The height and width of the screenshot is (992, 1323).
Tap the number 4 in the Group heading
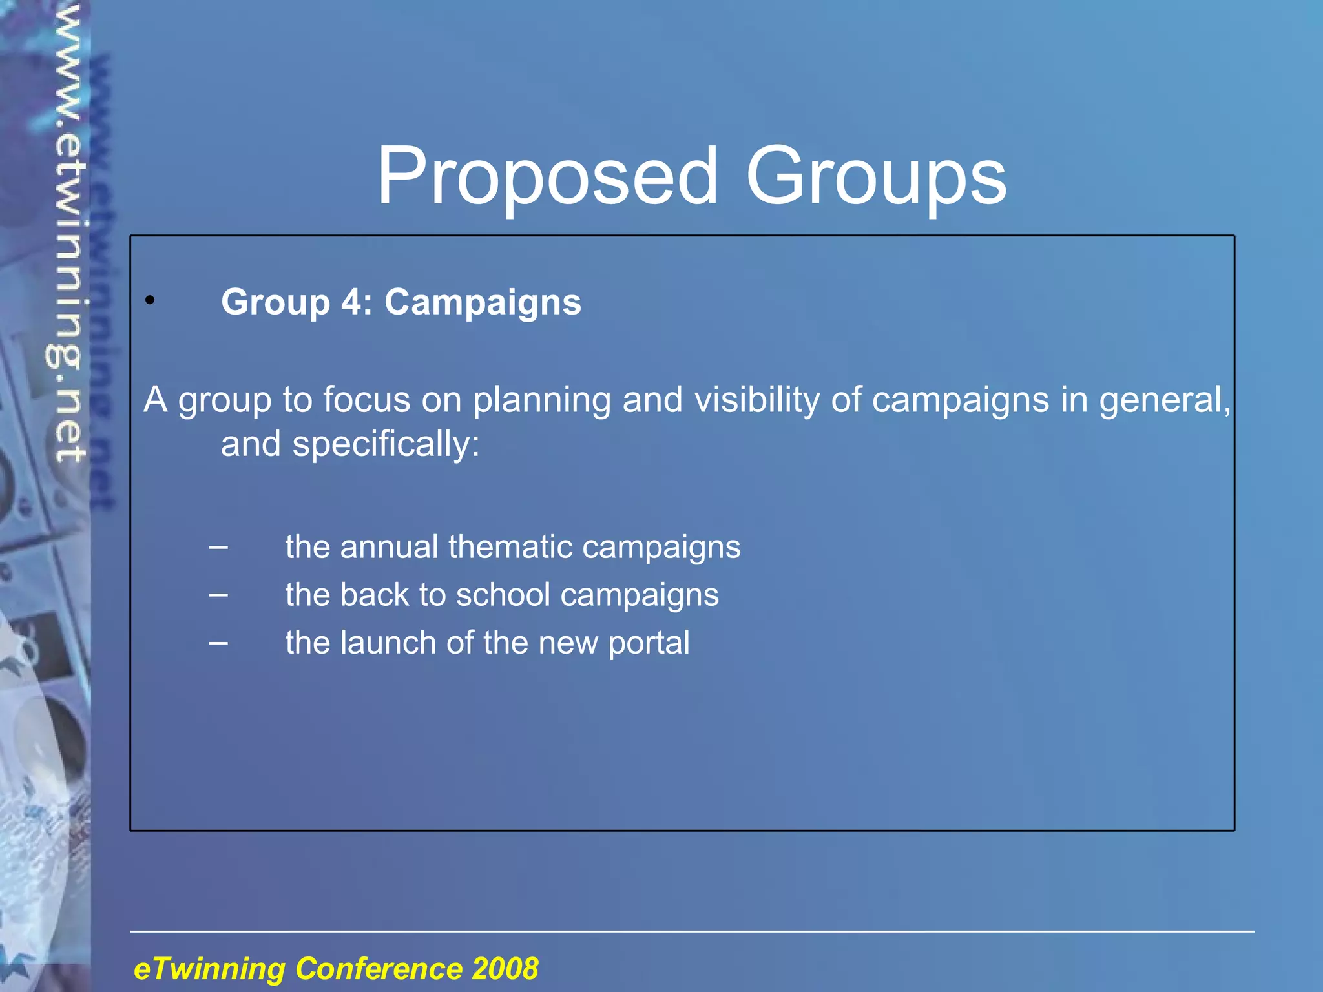pyautogui.click(x=353, y=302)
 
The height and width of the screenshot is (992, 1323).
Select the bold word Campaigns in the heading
pyautogui.click(x=483, y=303)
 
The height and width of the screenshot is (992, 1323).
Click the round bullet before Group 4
pyautogui.click(x=150, y=300)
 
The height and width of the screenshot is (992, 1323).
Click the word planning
pyautogui.click(x=541, y=401)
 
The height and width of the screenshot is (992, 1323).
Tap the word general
pyautogui.click(x=1164, y=401)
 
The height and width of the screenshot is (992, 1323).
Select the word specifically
pyautogui.click(x=386, y=445)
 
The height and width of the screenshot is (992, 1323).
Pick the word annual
pyautogui.click(x=389, y=546)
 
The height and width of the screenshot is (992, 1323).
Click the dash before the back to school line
pyautogui.click(x=218, y=595)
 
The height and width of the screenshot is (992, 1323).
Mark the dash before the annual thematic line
pyautogui.click(x=218, y=547)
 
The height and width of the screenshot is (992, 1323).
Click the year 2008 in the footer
pyautogui.click(x=505, y=969)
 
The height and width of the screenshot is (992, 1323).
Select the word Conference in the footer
pyautogui.click(x=379, y=969)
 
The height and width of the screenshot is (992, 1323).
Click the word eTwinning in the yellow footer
pyautogui.click(x=209, y=969)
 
